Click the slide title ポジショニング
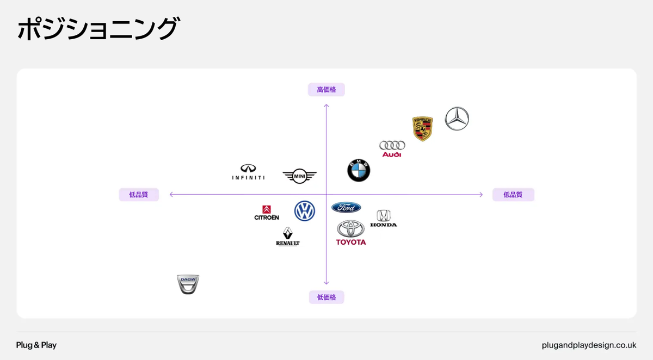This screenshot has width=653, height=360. click(x=98, y=29)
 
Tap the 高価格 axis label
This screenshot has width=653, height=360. click(x=326, y=90)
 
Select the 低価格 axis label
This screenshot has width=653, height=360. click(x=326, y=297)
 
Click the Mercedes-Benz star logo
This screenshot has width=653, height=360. click(x=457, y=119)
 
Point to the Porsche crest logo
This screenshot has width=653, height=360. click(x=422, y=128)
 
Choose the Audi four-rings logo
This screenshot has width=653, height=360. click(x=392, y=148)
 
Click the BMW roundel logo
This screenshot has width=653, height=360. click(x=359, y=170)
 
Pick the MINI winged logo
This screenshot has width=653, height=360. click(x=299, y=176)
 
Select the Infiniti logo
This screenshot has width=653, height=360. click(x=248, y=172)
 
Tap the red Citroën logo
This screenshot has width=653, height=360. click(x=267, y=213)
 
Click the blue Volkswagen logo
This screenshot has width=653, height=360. click(x=305, y=211)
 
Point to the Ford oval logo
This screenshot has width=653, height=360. click(x=346, y=207)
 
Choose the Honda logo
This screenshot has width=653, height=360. click(x=384, y=218)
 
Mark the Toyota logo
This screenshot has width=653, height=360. click(x=351, y=233)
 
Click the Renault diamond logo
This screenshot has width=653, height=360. click(x=288, y=237)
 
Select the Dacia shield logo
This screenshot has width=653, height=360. click(x=188, y=284)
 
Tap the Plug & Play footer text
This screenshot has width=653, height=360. click(x=36, y=345)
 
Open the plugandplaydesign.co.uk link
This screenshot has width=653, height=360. click(x=589, y=345)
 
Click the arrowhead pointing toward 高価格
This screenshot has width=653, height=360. click(x=326, y=106)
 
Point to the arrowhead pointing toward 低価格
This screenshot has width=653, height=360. click(x=326, y=282)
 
